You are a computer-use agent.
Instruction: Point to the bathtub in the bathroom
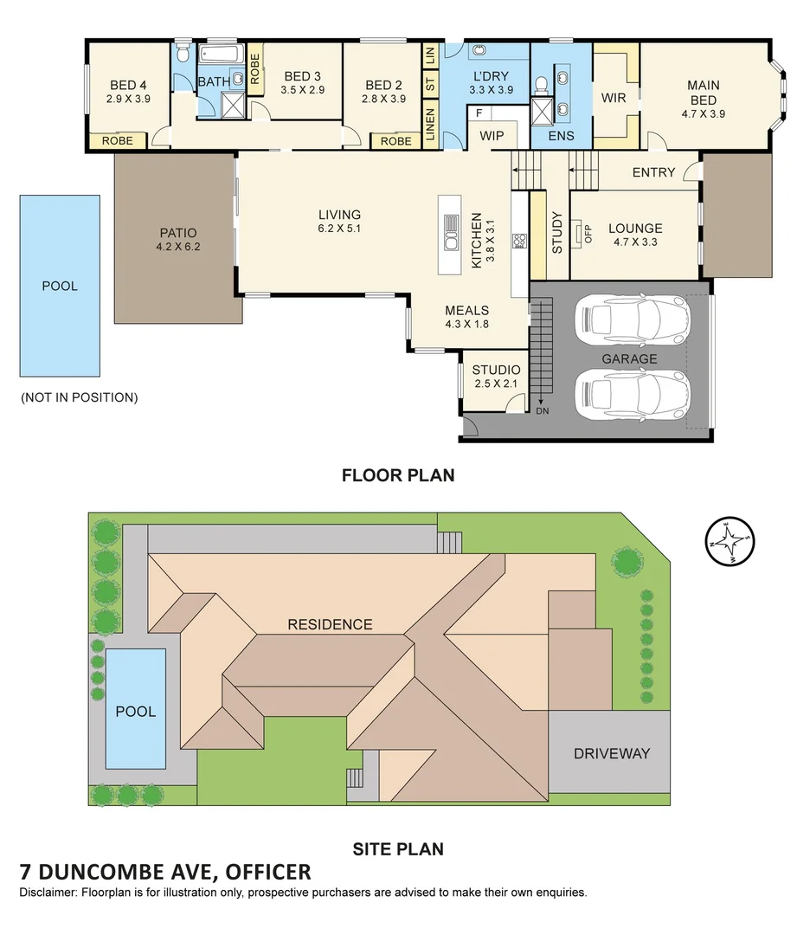221,54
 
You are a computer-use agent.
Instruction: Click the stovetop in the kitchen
520,241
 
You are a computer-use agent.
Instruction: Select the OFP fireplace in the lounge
578,234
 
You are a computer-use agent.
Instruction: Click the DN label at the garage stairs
543,411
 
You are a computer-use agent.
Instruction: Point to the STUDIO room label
496,370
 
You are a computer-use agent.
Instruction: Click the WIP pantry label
492,136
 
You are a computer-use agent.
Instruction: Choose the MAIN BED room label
704,93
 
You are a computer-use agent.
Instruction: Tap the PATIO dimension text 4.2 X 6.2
178,246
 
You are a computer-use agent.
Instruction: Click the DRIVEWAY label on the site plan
612,754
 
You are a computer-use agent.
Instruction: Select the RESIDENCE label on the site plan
331,624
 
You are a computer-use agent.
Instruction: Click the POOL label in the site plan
135,712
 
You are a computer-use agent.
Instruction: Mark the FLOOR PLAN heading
398,475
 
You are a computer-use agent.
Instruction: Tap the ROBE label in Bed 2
396,141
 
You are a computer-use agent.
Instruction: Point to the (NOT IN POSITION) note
80,397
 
